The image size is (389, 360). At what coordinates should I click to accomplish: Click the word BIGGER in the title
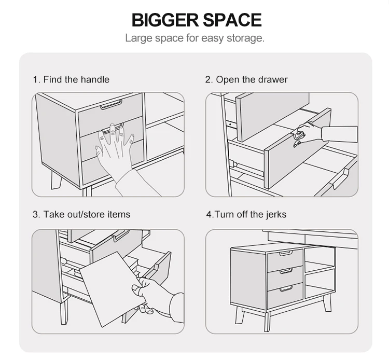click(x=165, y=20)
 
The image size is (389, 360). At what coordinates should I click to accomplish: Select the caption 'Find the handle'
click(x=76, y=80)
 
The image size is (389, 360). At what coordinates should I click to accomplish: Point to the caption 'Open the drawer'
click(x=252, y=80)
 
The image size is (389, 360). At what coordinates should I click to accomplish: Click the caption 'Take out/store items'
click(x=87, y=214)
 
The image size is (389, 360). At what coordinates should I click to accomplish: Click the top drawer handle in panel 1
click(x=111, y=104)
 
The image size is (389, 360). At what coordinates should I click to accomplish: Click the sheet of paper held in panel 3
click(x=112, y=289)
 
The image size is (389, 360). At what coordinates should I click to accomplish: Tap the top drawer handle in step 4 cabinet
click(x=286, y=253)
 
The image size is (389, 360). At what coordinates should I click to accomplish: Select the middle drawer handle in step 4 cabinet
click(x=286, y=271)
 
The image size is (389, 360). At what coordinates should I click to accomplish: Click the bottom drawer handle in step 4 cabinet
click(x=286, y=288)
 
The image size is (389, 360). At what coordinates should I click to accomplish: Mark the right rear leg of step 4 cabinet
click(x=327, y=303)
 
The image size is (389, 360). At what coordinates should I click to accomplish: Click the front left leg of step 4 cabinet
click(x=240, y=315)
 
